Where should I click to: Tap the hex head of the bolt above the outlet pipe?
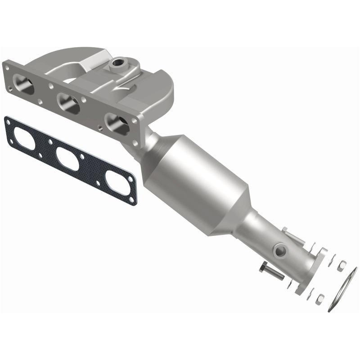tap(287, 232)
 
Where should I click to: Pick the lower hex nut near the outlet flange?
tap(320, 297)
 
